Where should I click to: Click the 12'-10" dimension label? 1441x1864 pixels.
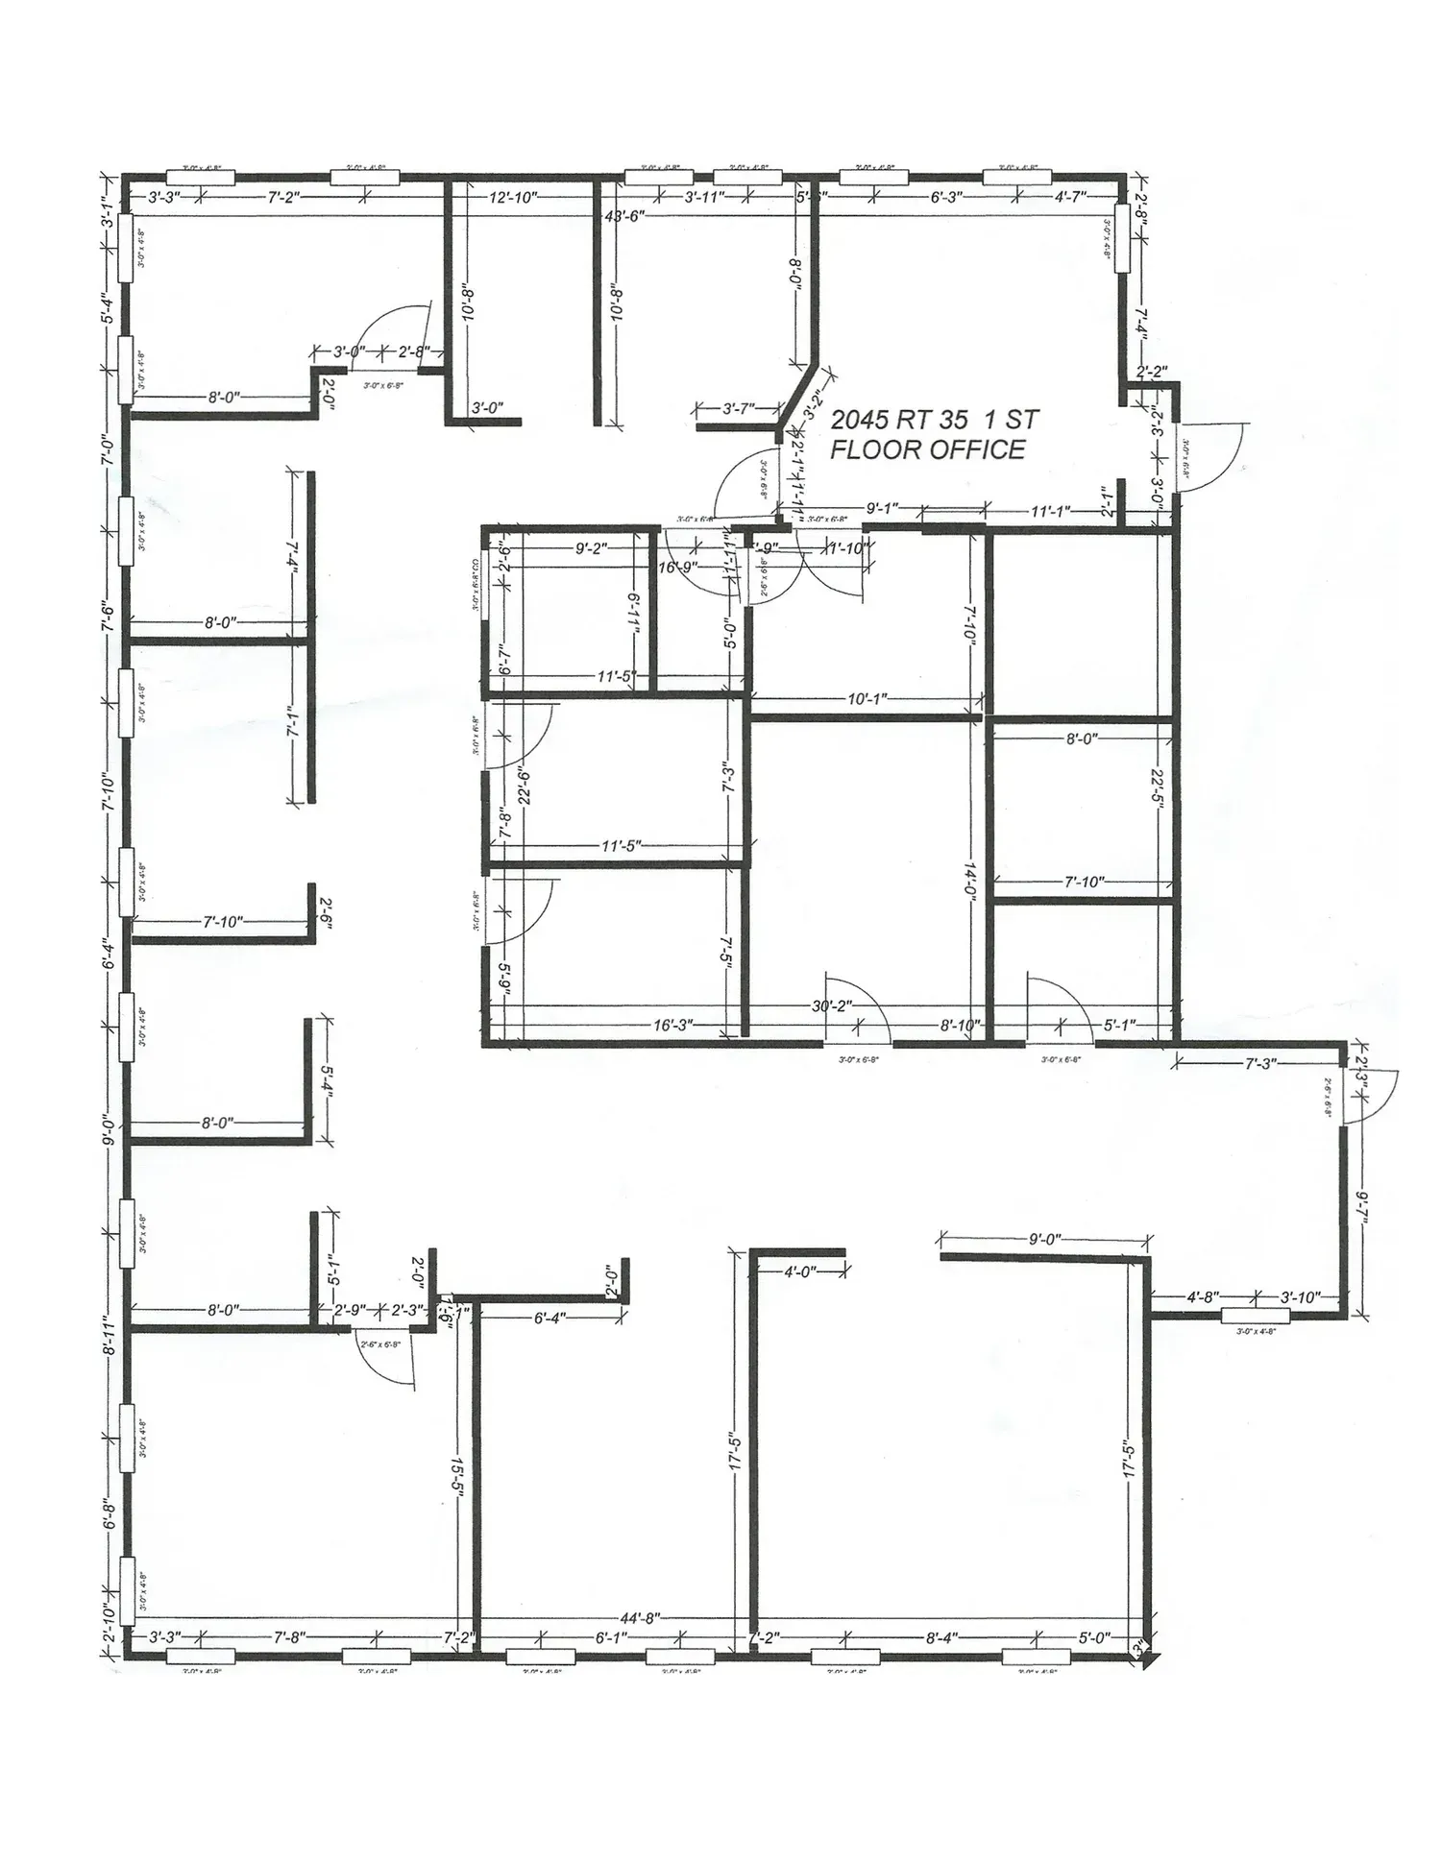click(x=513, y=198)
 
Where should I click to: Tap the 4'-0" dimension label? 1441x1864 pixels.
click(x=799, y=1271)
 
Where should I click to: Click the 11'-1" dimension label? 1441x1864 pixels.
click(x=1051, y=512)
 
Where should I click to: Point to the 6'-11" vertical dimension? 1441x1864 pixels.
click(x=633, y=611)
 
